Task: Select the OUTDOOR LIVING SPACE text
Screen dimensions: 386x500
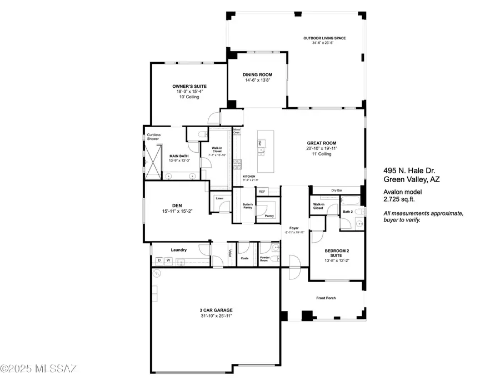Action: pos(324,38)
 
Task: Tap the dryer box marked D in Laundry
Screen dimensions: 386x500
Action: pos(159,260)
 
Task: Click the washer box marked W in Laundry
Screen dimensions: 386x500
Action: pos(167,260)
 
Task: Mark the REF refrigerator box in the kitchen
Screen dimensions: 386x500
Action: pos(262,192)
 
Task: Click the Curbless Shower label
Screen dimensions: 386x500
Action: pos(153,137)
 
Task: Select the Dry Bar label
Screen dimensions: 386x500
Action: pos(336,190)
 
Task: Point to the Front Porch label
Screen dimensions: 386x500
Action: pos(326,298)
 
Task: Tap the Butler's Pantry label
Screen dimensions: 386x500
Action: pos(248,207)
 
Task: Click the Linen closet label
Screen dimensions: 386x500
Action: pos(219,198)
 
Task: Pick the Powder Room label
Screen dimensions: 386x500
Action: pos(265,259)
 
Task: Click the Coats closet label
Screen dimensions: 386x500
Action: pos(244,257)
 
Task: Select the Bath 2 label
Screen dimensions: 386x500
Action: pos(348,212)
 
